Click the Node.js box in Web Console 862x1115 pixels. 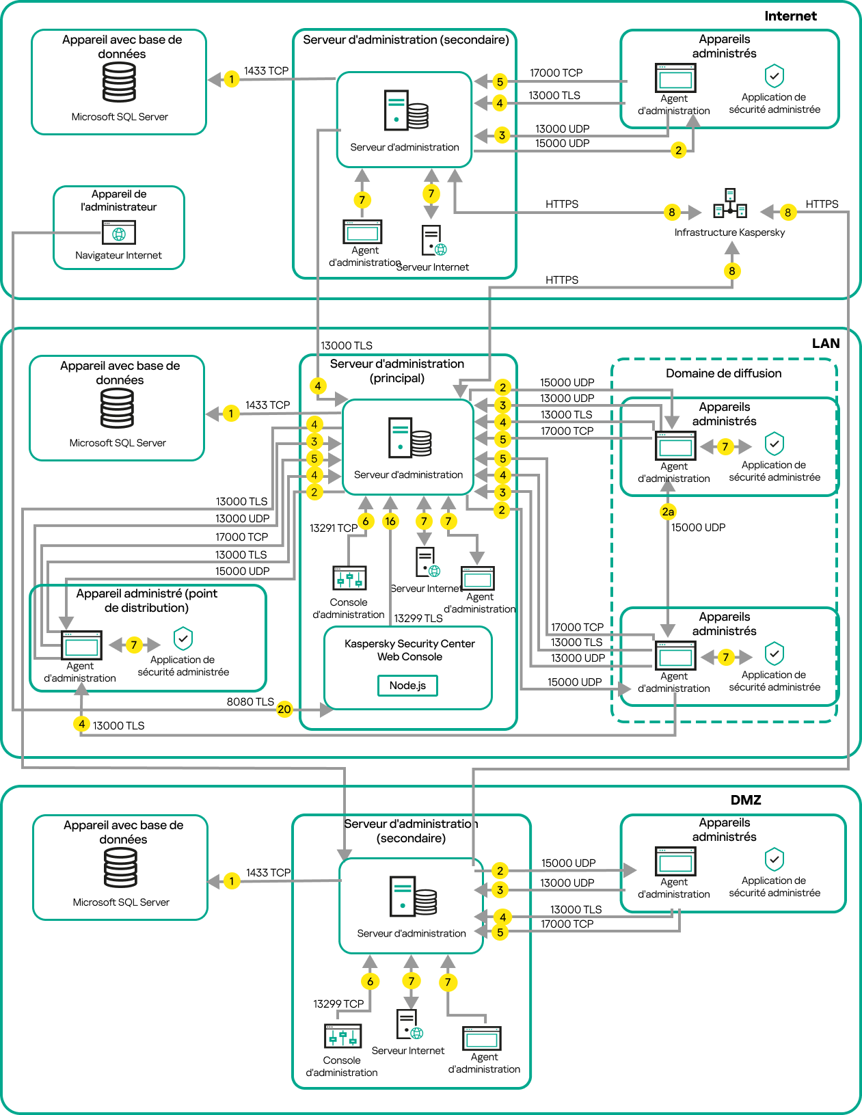tap(407, 685)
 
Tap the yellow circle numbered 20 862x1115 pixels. tap(284, 709)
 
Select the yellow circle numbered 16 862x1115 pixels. tap(390, 521)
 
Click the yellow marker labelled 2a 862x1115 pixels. tap(668, 511)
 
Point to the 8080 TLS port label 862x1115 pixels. tap(250, 701)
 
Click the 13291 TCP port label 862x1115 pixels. tap(333, 528)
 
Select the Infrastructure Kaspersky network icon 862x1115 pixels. tap(729, 204)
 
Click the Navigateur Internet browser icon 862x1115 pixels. tap(119, 233)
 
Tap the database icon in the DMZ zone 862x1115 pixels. tap(120, 868)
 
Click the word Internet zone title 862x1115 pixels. tap(790, 16)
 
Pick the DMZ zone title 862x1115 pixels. tap(746, 800)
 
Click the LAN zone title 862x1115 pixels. tap(825, 343)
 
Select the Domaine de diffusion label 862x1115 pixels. tap(723, 373)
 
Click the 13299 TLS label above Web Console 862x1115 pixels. tap(418, 618)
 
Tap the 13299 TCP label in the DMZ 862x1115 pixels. tap(338, 1004)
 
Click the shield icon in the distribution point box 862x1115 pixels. tap(183, 639)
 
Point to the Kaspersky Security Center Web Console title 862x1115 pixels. tap(409, 650)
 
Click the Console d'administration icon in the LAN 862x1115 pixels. tap(349, 578)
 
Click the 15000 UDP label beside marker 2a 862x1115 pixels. tap(698, 527)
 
